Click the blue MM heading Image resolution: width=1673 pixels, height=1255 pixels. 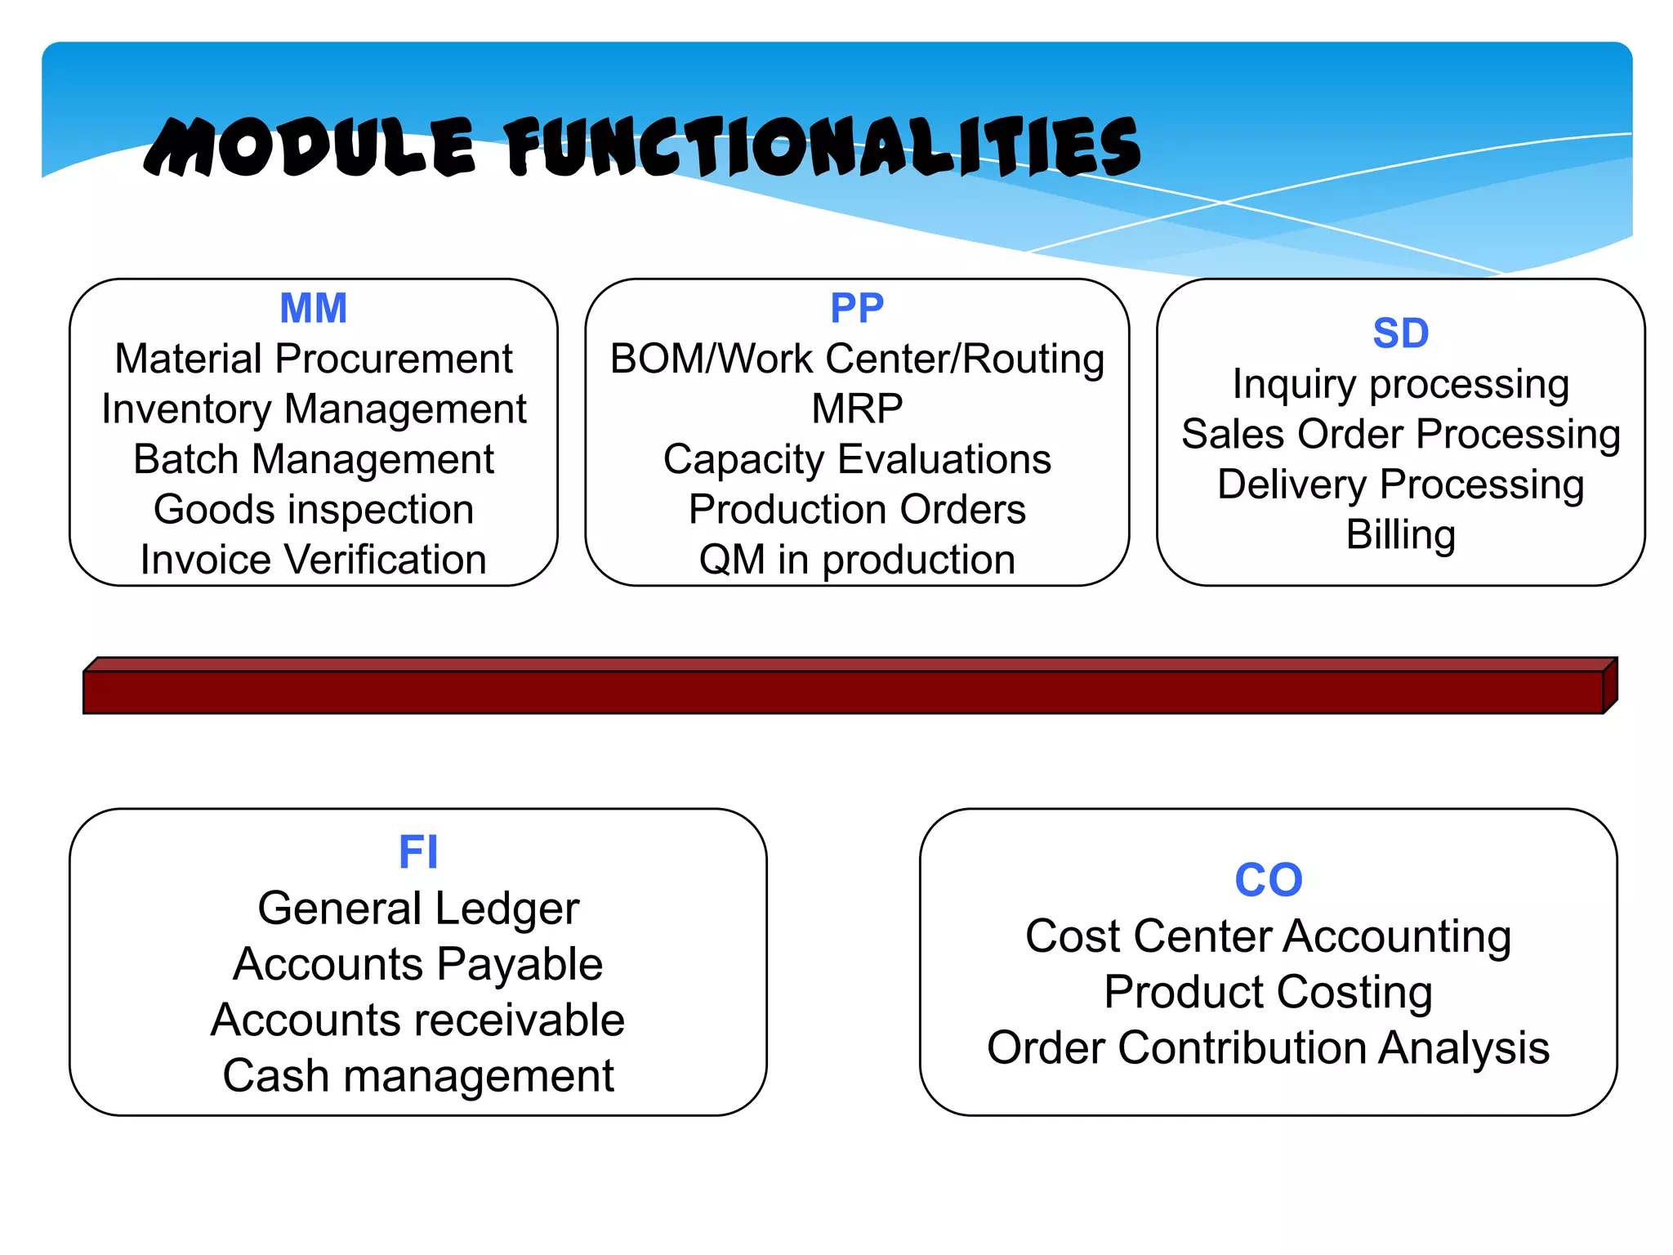[313, 309]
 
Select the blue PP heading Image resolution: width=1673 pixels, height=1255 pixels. [856, 309]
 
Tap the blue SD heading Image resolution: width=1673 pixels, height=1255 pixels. [1400, 333]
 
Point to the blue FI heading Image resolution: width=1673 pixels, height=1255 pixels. [417, 852]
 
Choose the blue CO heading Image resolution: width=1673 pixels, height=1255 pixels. [1268, 880]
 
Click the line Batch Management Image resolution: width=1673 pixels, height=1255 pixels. [313, 459]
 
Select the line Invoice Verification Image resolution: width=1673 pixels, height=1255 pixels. [313, 560]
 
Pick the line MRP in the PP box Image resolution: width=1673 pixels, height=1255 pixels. [856, 409]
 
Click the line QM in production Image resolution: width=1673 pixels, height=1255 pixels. [856, 560]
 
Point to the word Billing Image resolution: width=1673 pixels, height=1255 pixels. [1400, 534]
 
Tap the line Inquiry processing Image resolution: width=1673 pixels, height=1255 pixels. [1400, 384]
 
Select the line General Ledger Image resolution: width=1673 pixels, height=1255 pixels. [417, 909]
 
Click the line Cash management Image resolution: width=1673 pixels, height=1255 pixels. [417, 1075]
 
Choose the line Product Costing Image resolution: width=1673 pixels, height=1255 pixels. [1268, 992]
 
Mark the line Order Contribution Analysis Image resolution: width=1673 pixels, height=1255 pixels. [1268, 1047]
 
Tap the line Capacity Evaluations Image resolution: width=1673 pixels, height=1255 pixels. [856, 459]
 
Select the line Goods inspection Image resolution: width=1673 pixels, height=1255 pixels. [313, 510]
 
